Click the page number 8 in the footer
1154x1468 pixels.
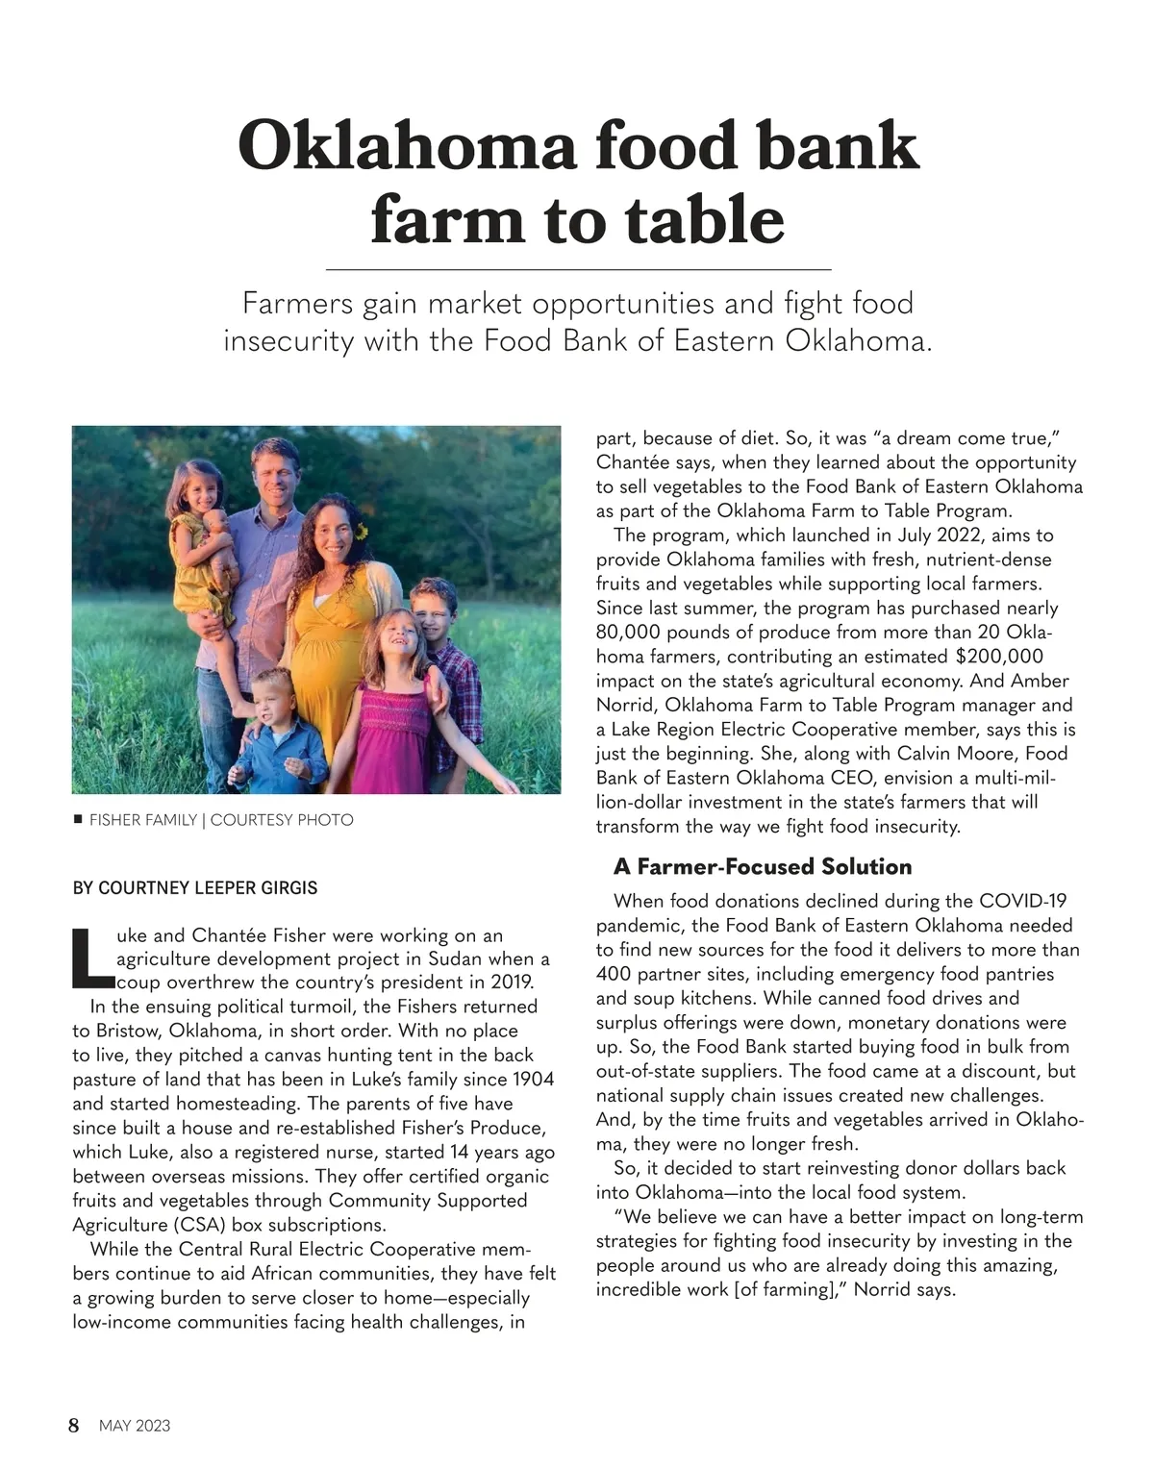tap(74, 1425)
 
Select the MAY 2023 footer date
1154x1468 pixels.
tap(135, 1426)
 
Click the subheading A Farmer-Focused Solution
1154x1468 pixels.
tap(763, 866)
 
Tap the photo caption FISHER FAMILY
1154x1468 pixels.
tap(142, 820)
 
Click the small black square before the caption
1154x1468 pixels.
tap(78, 820)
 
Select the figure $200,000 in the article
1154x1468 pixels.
tap(999, 657)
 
